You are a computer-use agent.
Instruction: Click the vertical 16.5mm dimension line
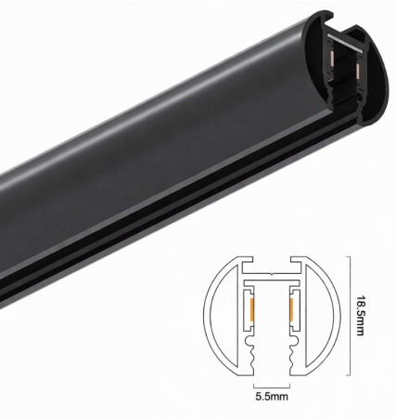348,316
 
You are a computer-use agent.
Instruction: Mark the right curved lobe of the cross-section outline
330,316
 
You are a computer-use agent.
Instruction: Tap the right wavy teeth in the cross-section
290,347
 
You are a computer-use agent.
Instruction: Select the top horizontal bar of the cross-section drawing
272,276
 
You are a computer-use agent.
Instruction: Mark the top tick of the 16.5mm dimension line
348,259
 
